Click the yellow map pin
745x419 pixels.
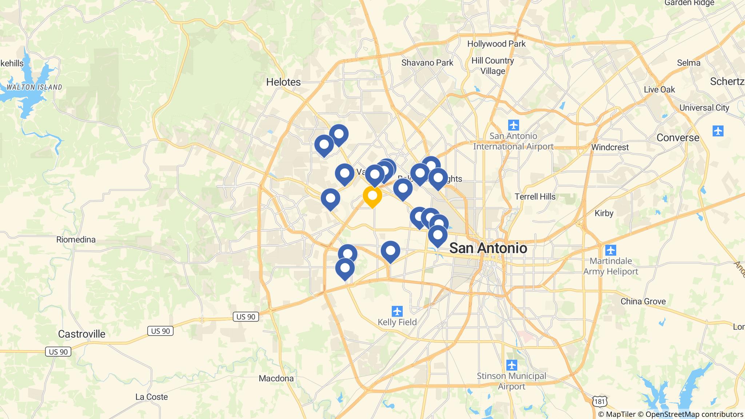(x=372, y=196)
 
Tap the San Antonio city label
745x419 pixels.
(x=488, y=248)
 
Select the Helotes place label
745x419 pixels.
(x=283, y=82)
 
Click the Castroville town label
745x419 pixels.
(x=81, y=334)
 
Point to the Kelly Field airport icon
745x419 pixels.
(x=397, y=311)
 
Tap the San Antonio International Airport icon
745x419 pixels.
(x=514, y=125)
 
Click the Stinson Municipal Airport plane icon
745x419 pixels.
(x=511, y=365)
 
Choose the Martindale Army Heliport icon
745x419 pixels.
(x=610, y=250)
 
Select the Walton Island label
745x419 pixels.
(x=34, y=87)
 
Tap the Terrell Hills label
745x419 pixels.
(x=535, y=197)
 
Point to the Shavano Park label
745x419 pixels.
(x=427, y=63)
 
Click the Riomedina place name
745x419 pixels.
(x=76, y=239)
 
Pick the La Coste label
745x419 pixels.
(x=151, y=397)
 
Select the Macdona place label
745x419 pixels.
(x=276, y=378)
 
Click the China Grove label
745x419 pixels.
(x=643, y=301)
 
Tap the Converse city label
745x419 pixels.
(x=678, y=137)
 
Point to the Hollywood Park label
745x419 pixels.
(x=496, y=44)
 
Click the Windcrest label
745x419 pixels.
(x=610, y=147)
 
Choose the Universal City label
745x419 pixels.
(x=704, y=108)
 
